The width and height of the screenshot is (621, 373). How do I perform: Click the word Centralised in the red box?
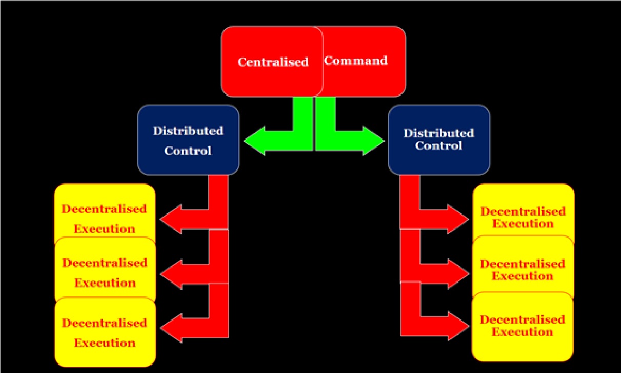pos(273,62)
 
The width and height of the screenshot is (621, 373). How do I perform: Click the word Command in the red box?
pos(356,60)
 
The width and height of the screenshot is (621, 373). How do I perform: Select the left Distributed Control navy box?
pos(188,140)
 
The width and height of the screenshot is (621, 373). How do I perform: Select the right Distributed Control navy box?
pos(439,139)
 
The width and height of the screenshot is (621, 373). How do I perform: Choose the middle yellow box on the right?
pos(523,266)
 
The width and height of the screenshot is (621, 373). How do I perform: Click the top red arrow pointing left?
pos(184,219)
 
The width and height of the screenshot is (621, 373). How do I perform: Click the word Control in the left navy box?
pos(188,151)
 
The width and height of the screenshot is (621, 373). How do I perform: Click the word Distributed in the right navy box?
pos(439,133)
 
